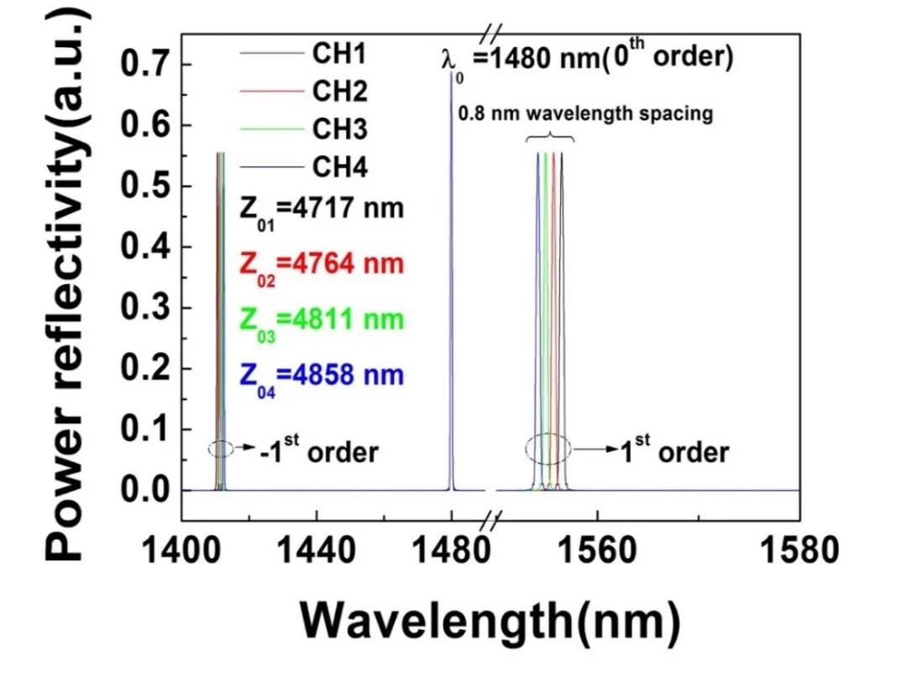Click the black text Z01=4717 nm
tap(310, 208)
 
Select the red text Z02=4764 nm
tap(310, 264)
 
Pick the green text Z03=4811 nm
tap(310, 320)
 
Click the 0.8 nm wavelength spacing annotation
tap(585, 114)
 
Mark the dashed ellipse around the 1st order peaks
tap(548, 447)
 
